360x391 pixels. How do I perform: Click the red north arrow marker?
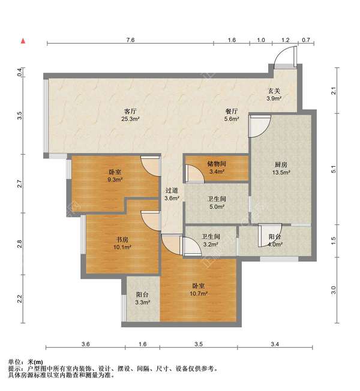point(23,41)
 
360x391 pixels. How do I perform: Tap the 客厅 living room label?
point(130,111)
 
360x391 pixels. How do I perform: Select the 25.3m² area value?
point(130,119)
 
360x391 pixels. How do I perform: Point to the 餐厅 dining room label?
point(232,111)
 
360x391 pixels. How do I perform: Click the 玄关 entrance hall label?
point(274,91)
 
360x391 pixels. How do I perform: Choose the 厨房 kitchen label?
point(281,164)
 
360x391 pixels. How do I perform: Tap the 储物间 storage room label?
point(217,164)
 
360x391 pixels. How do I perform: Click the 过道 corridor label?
point(172,191)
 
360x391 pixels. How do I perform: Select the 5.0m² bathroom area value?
point(217,207)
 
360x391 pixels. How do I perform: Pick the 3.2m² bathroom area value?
point(211,245)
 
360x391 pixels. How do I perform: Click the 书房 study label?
point(122,240)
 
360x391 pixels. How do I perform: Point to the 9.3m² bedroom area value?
point(115,179)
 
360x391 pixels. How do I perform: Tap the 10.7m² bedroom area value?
point(199,293)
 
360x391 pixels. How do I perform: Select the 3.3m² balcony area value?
point(142,302)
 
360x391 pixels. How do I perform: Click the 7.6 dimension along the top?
point(130,40)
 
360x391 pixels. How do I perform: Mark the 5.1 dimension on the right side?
point(334,169)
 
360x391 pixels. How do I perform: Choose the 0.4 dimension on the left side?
point(20,72)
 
